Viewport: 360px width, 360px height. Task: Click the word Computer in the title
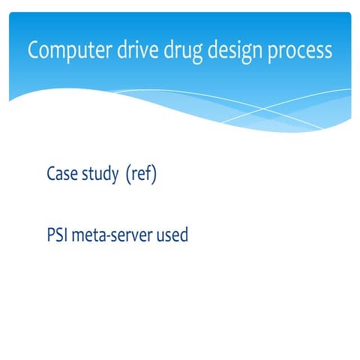[65, 51]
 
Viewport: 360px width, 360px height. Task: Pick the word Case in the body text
[61, 175]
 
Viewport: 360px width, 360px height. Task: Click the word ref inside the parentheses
[142, 175]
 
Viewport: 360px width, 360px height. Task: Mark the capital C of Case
[51, 175]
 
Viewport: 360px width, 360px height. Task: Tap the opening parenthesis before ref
[129, 175]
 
